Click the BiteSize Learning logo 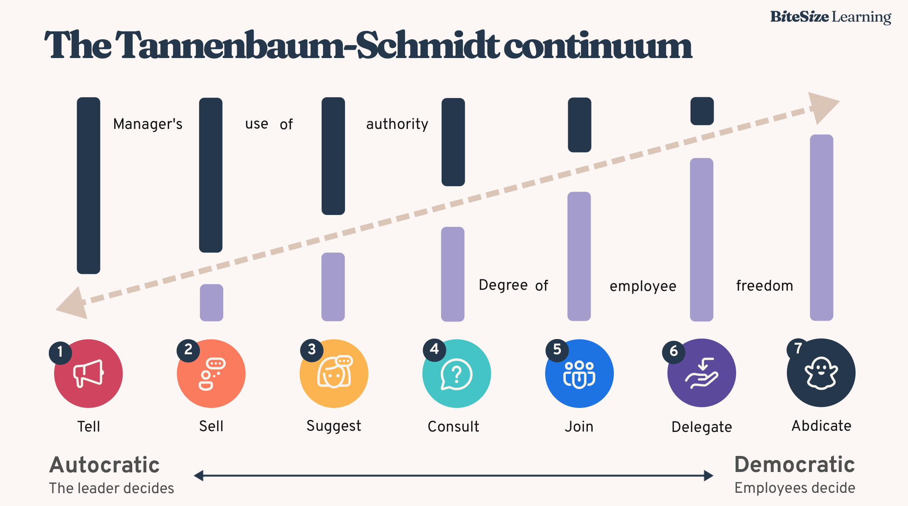point(830,17)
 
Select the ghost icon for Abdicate point(821,373)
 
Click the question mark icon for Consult point(456,374)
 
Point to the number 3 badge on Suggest point(312,350)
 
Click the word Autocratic point(105,465)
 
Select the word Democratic point(795,464)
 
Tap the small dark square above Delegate point(702,111)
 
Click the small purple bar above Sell point(212,303)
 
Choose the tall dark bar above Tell point(89,185)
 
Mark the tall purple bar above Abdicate point(821,227)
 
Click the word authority point(397,124)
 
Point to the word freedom point(765,286)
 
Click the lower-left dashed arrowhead point(73,304)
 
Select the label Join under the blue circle point(579,427)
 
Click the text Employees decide point(795,488)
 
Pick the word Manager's point(148,124)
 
